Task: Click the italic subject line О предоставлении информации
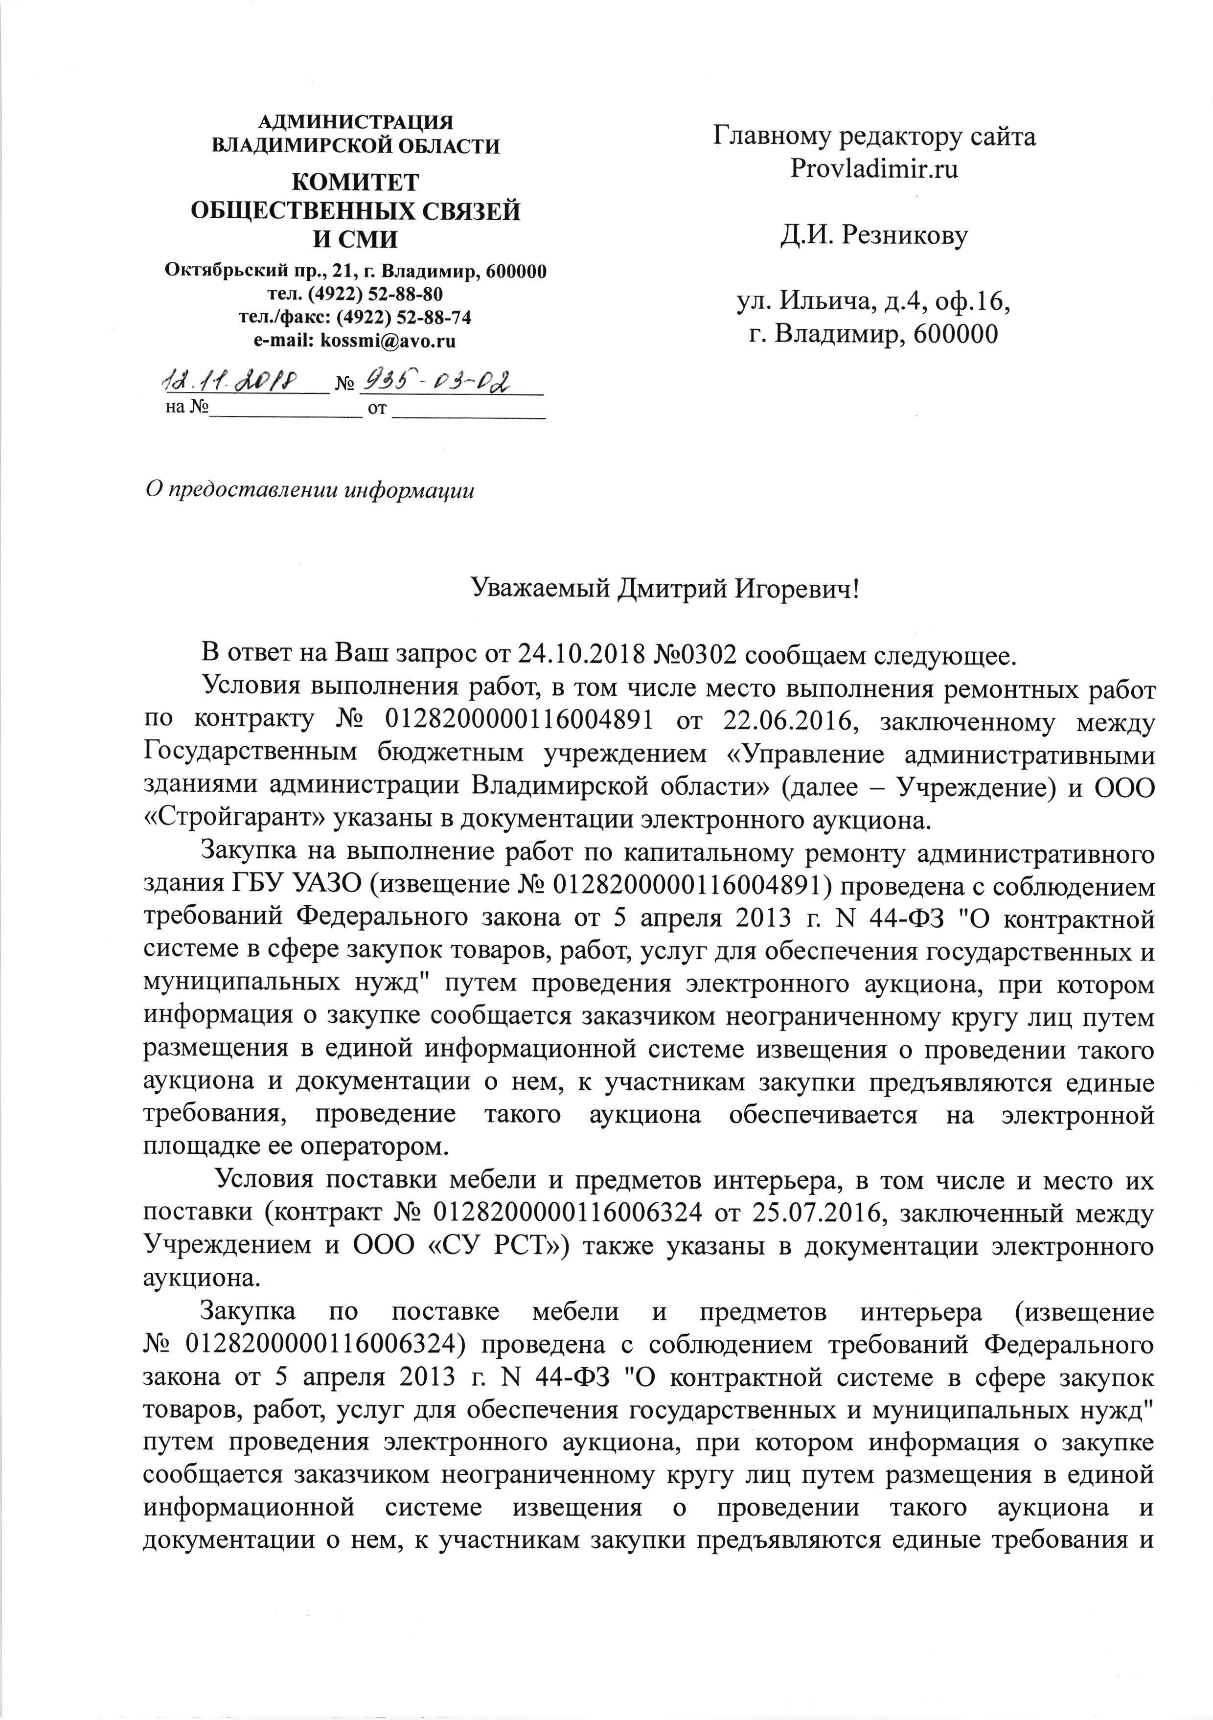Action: (309, 490)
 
